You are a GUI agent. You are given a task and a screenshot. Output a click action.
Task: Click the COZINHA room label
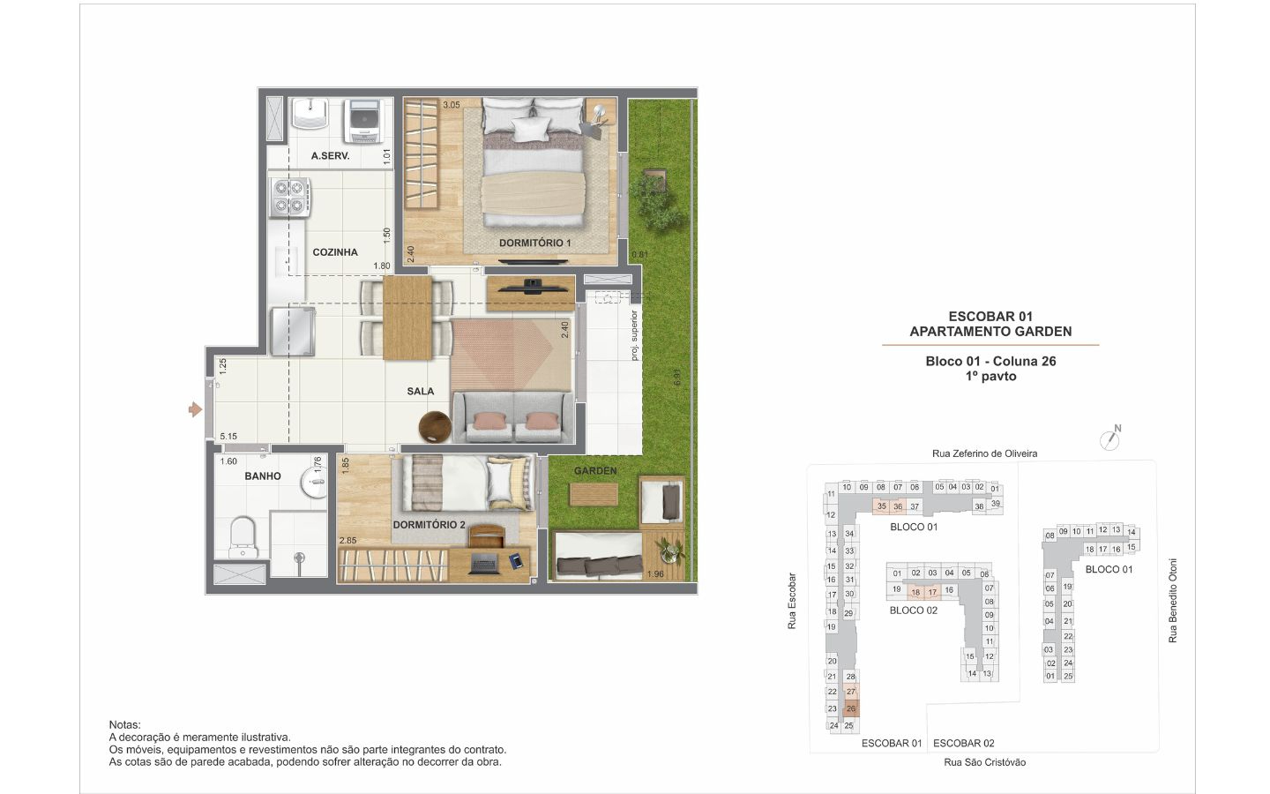pos(335,252)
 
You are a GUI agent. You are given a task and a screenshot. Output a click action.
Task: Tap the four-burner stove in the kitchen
pos(289,198)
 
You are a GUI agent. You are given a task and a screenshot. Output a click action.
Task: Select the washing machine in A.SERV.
pos(362,122)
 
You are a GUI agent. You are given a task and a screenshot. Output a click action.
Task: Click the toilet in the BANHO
pos(243,536)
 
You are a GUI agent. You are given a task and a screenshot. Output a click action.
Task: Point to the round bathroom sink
pos(314,482)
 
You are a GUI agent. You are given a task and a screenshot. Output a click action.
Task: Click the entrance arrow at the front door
pos(195,409)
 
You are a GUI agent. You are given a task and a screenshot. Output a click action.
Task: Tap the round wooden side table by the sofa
pos(435,426)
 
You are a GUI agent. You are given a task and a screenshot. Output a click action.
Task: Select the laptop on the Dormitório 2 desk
pos(483,564)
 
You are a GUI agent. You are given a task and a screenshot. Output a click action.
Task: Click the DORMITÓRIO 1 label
pos(534,243)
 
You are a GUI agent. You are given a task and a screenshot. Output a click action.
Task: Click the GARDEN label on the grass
pos(595,471)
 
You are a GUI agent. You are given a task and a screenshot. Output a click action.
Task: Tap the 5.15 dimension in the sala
pos(228,436)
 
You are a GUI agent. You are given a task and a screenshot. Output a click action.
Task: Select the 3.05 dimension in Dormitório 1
pos(452,105)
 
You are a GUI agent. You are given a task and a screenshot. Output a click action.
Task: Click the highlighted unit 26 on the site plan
pos(850,708)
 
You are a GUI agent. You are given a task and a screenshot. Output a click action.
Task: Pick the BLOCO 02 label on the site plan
pos(914,610)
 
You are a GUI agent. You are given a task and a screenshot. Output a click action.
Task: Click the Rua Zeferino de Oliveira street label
pos(985,453)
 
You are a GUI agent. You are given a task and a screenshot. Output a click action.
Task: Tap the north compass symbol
pos(1110,438)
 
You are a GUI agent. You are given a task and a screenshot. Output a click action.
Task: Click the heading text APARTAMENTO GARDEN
pos(990,331)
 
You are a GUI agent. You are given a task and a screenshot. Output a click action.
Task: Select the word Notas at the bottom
pos(124,725)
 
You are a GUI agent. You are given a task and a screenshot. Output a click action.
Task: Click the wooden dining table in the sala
pos(407,318)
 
